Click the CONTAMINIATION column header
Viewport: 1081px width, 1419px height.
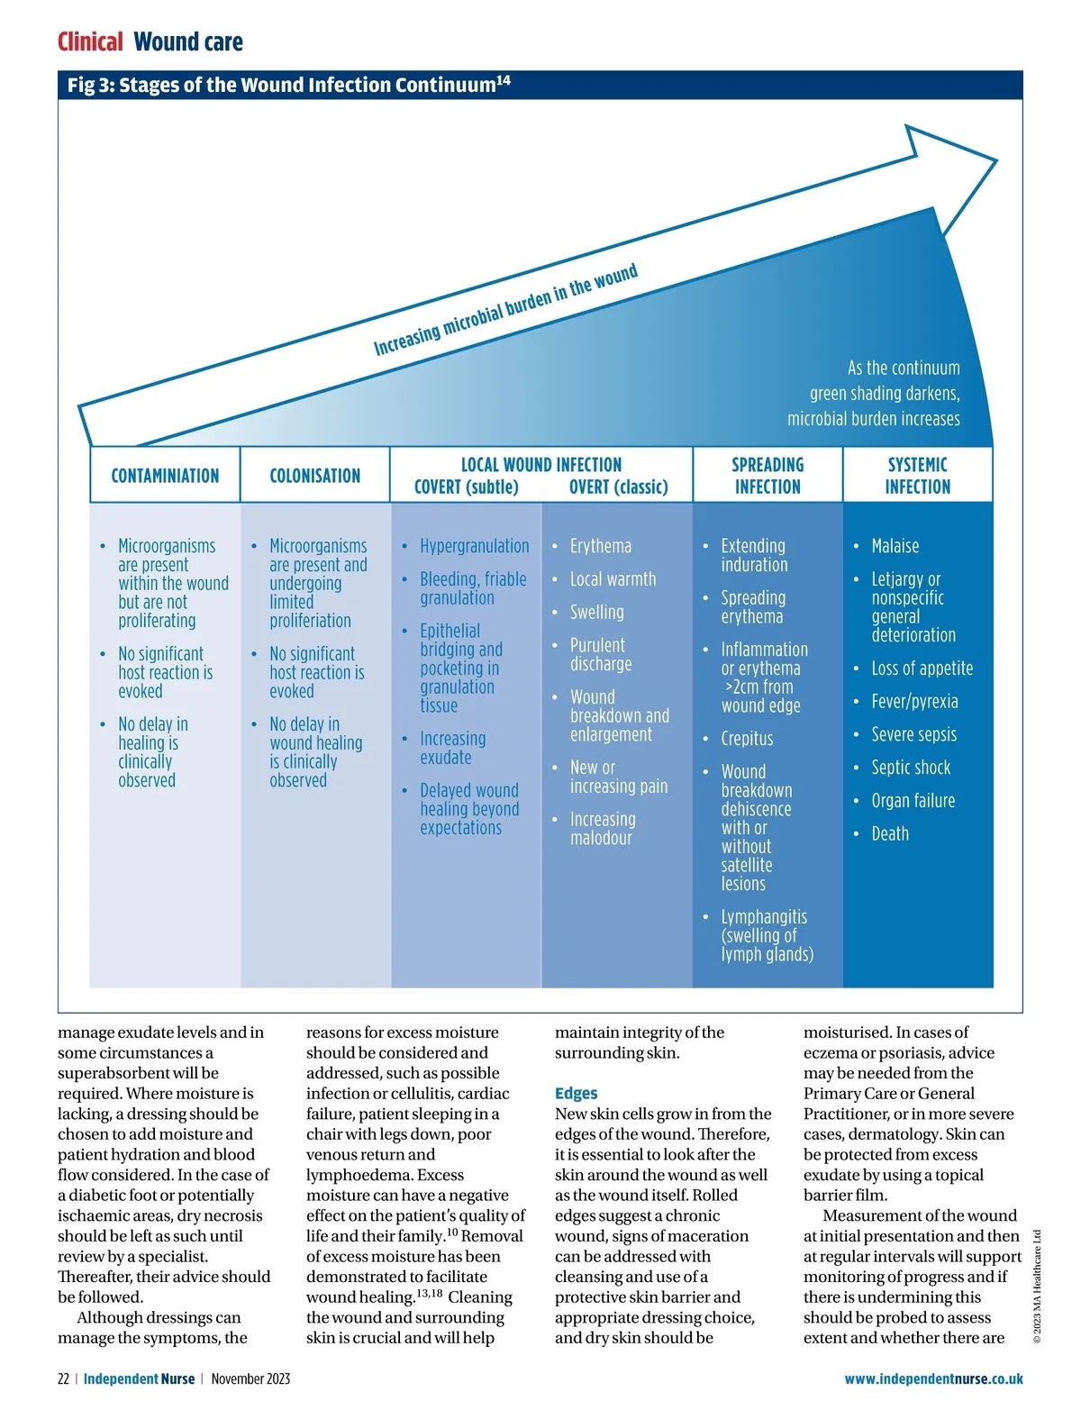point(165,476)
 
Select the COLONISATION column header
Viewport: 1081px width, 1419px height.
point(314,476)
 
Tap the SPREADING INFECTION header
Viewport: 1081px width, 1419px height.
point(767,476)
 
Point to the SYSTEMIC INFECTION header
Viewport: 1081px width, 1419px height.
point(917,476)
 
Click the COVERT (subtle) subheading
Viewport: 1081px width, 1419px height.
point(466,487)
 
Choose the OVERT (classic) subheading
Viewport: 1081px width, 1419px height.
point(618,487)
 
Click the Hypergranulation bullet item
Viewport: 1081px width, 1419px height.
point(474,546)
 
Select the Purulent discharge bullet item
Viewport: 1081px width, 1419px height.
point(600,655)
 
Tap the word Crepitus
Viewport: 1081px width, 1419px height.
point(747,739)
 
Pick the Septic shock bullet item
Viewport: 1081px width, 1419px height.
point(910,768)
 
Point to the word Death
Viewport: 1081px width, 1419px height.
point(890,833)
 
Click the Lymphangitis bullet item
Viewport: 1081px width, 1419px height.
point(766,935)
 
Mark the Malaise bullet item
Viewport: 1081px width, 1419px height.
point(895,546)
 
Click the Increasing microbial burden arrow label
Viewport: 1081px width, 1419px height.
point(505,309)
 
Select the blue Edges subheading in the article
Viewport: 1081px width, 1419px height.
point(576,1093)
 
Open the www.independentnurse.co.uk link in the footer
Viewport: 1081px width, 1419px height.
point(933,1378)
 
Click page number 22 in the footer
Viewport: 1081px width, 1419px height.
point(63,1378)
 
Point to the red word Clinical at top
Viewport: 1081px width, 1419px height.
point(90,42)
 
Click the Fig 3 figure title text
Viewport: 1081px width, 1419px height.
point(288,85)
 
